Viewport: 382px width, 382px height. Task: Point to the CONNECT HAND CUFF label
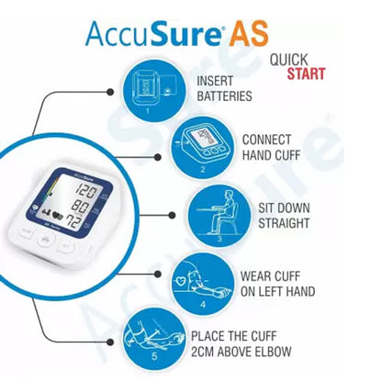point(267,148)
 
